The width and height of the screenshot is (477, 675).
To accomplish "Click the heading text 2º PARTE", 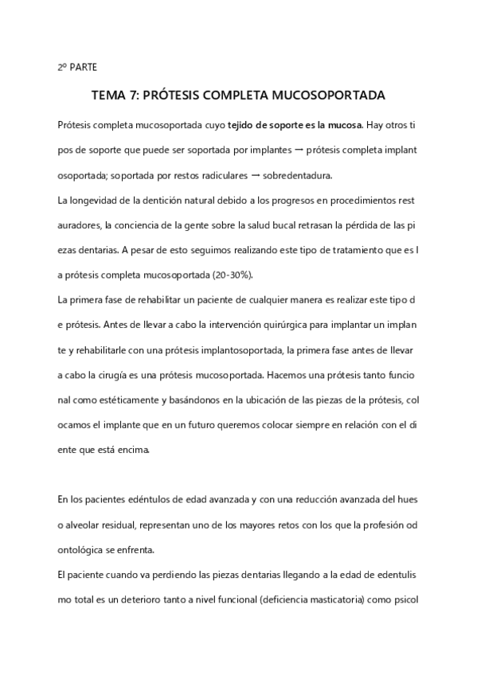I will (x=77, y=68).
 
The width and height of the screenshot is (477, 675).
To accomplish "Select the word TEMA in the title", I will (x=109, y=96).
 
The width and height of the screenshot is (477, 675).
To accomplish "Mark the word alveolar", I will (x=86, y=525).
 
